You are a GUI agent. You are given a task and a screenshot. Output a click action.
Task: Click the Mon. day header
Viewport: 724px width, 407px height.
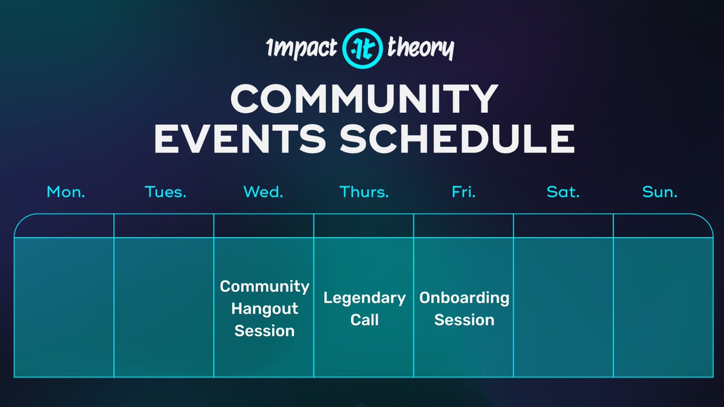point(66,192)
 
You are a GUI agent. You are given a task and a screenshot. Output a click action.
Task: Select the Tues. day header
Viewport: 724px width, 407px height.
point(165,192)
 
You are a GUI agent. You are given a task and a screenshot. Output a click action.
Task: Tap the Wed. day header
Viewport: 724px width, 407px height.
point(263,192)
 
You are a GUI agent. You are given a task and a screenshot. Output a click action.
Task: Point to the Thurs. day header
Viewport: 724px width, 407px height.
point(364,192)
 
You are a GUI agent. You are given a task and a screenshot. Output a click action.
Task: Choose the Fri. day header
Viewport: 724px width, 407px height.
point(463,192)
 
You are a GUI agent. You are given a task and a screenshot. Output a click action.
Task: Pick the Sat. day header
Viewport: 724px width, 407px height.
point(563,192)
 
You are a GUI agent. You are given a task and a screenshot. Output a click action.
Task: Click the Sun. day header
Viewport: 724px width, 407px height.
point(659,192)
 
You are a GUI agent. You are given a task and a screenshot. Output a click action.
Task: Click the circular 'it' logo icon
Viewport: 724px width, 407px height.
point(363,48)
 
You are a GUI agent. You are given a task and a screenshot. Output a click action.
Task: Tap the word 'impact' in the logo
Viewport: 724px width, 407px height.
point(302,48)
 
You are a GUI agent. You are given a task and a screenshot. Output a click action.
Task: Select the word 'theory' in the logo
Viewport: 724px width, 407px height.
point(421,48)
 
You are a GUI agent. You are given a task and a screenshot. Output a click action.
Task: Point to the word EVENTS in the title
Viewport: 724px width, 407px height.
point(240,139)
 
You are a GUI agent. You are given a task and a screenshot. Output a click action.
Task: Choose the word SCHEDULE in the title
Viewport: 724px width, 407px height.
point(457,139)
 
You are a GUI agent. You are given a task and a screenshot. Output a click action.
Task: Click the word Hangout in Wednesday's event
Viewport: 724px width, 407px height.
point(265,309)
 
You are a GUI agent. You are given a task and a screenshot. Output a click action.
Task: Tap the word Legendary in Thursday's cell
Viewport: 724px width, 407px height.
point(364,298)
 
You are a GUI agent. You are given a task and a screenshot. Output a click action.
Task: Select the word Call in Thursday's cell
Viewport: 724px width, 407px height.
point(364,320)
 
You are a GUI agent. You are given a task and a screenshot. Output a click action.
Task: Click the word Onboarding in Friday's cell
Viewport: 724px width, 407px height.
point(464,298)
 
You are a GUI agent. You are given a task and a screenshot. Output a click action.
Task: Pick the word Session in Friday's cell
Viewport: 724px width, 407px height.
point(464,320)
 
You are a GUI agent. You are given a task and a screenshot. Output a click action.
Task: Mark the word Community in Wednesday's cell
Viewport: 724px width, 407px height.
point(265,287)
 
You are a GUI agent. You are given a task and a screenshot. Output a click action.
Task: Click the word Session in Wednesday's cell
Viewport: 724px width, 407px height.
point(265,331)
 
